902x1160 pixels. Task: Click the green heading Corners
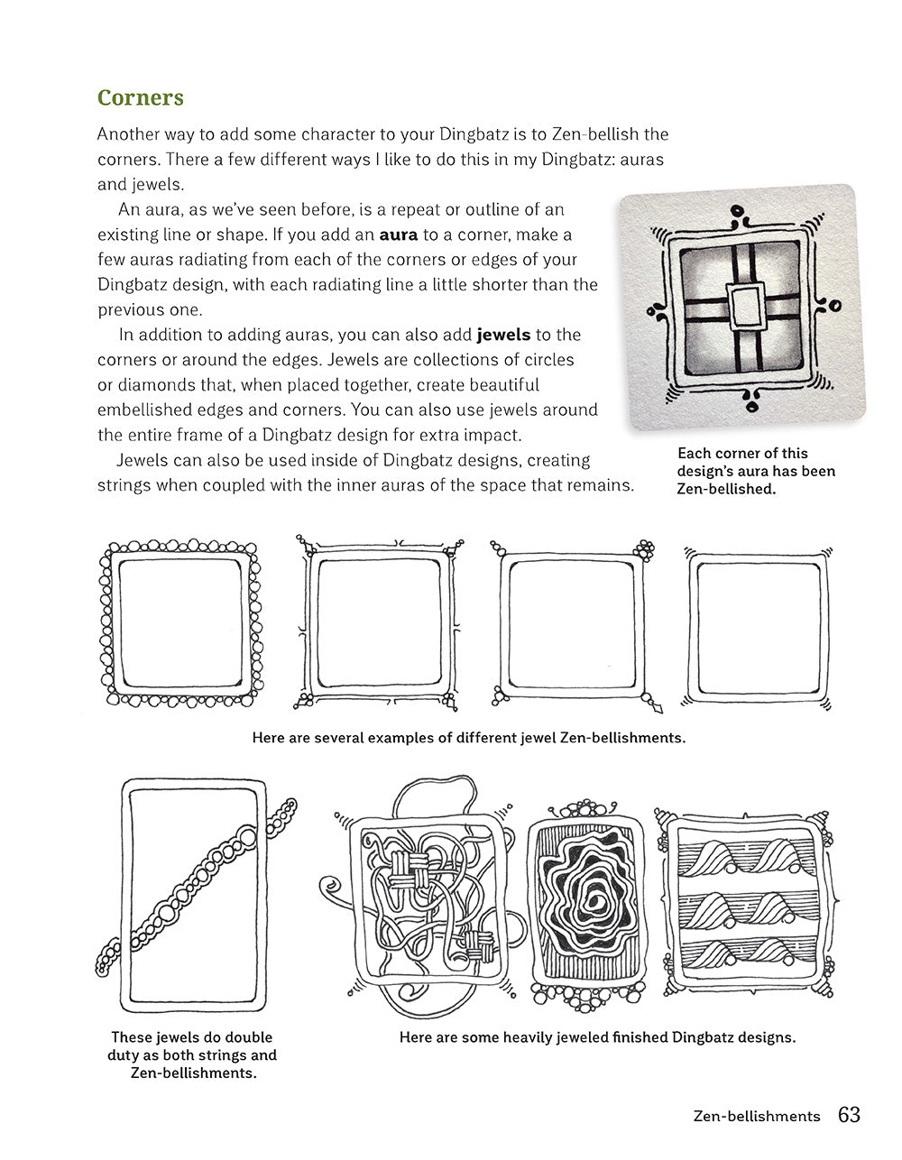coord(140,97)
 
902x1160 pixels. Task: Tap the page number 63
coord(849,1115)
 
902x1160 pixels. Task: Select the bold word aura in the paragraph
coord(399,235)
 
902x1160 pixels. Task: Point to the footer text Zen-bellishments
coord(757,1117)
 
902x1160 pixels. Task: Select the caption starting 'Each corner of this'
coord(756,471)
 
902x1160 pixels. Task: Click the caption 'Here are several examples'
coord(468,738)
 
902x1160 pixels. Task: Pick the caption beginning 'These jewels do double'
coord(192,1055)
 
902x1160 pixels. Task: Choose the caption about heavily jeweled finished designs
coord(597,1037)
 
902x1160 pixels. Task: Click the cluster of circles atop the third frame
coord(643,549)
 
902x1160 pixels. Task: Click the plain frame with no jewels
coord(757,625)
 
